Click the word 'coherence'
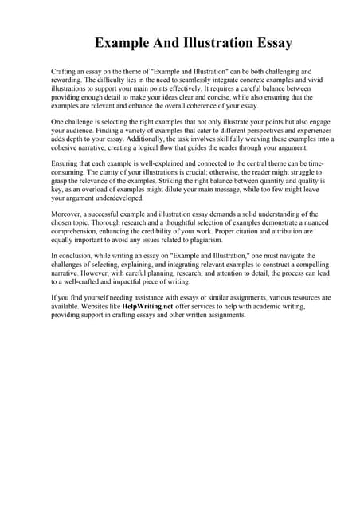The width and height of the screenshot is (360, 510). coord(182,106)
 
